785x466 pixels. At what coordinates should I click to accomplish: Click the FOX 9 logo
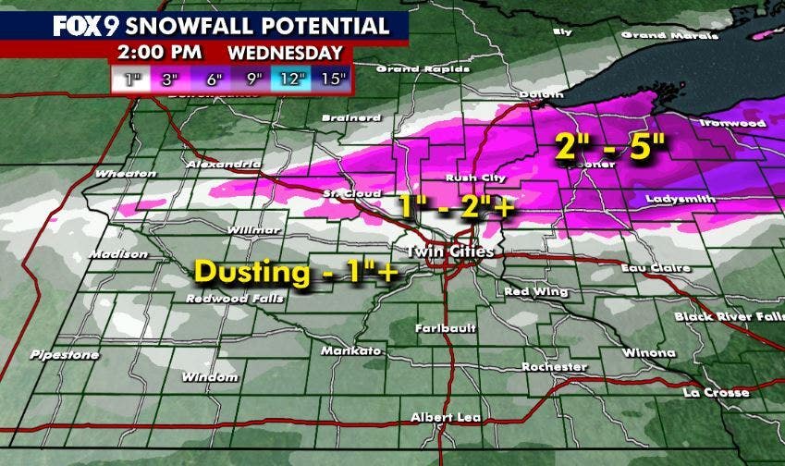pos(81,25)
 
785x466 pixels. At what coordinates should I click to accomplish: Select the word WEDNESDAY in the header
pos(285,53)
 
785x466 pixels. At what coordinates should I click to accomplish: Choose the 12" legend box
pos(291,78)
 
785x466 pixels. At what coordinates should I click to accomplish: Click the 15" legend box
pos(329,78)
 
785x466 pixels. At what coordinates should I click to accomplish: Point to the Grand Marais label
pos(656,35)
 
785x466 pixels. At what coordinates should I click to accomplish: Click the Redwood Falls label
pos(227,299)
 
